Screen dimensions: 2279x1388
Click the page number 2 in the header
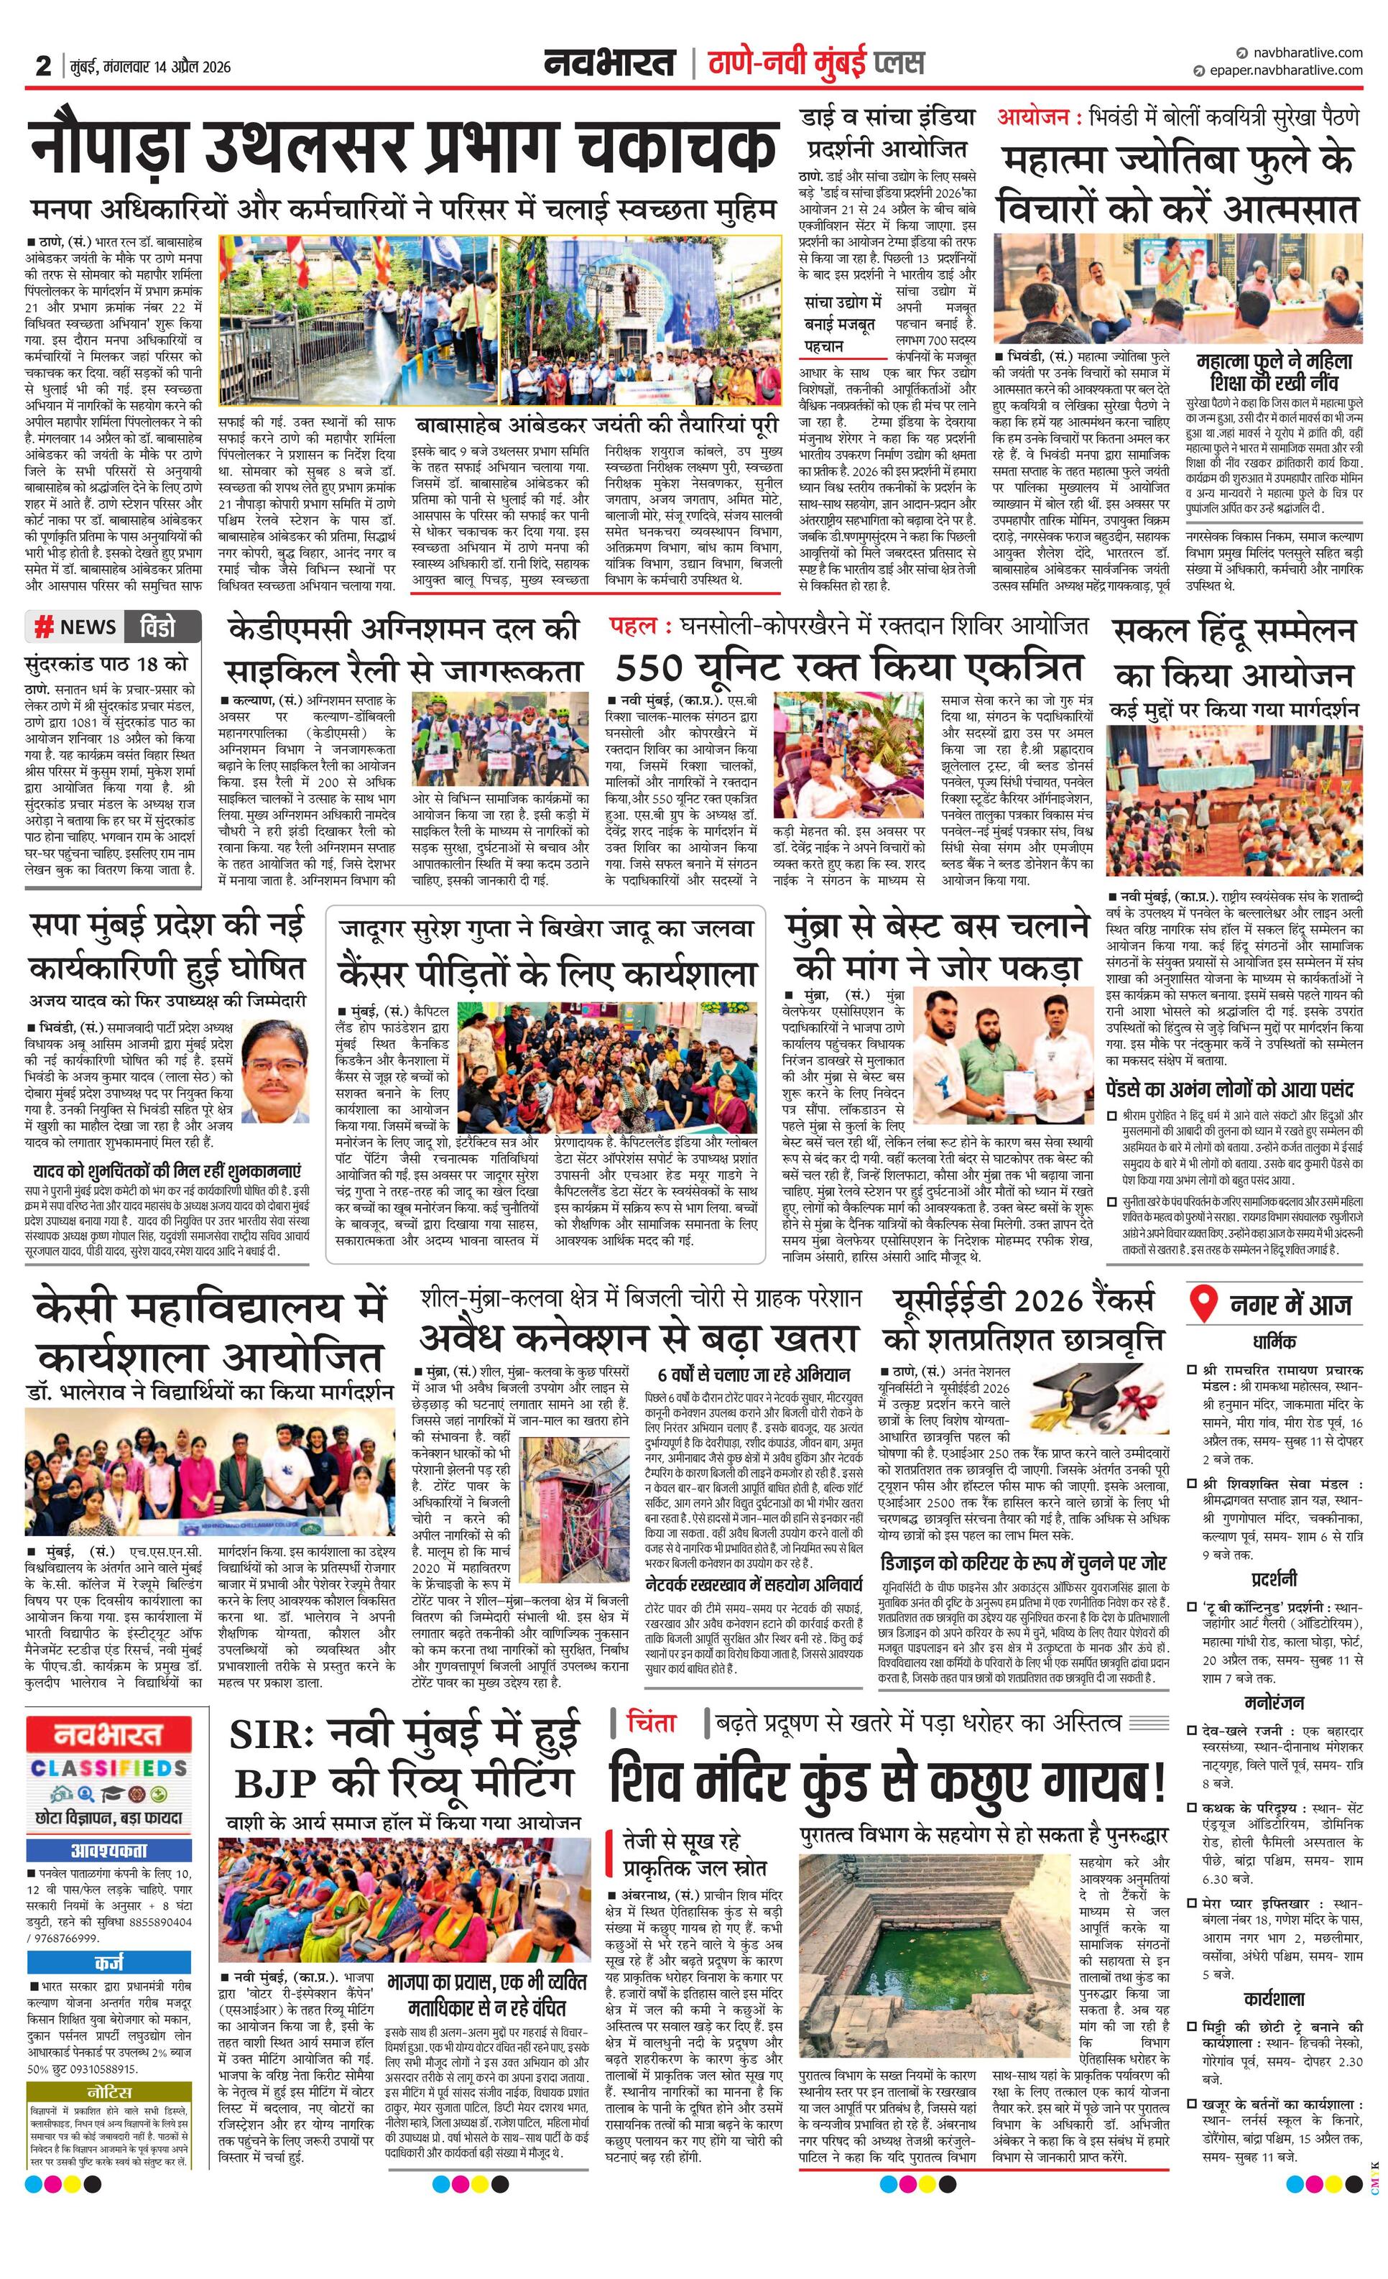pos(42,65)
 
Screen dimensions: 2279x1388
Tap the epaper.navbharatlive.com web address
pos(1284,70)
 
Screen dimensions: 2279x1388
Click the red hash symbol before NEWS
pos(42,627)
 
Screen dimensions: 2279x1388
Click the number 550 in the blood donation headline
pos(649,667)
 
